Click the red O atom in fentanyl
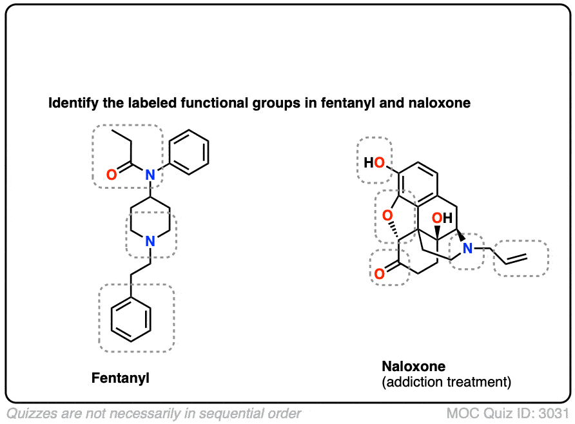(112, 175)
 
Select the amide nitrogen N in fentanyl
(150, 175)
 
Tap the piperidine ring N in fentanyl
(150, 241)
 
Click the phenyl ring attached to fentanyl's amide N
(190, 152)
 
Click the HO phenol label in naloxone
(374, 162)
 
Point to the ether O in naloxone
(387, 215)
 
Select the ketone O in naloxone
(380, 273)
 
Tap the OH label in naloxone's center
(442, 218)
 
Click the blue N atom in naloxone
(467, 249)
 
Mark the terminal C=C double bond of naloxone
(516, 259)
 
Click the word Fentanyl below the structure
(121, 378)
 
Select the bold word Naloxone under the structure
(414, 366)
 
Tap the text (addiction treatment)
(446, 382)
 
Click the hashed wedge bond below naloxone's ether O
(394, 230)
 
